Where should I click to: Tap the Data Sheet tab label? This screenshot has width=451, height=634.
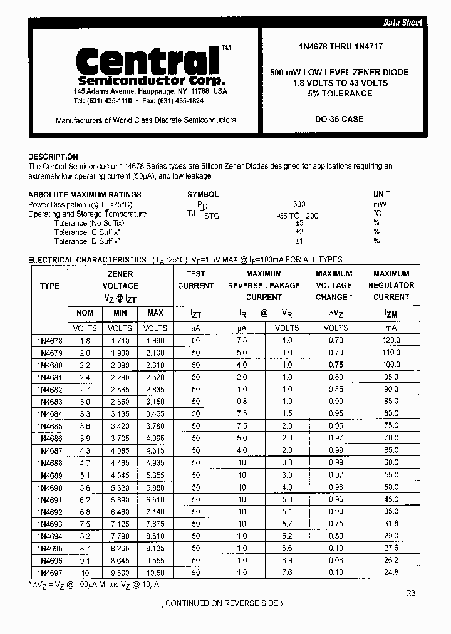[403, 23]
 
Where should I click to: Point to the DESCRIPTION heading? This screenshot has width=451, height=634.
[53, 157]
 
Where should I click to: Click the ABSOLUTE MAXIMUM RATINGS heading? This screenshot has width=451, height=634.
[85, 195]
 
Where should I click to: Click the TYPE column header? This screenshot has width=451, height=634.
[49, 286]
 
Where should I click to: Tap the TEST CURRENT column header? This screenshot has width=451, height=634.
[195, 279]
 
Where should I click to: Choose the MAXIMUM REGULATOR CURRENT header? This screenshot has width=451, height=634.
[391, 285]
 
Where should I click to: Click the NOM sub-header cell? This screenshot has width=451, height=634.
[85, 313]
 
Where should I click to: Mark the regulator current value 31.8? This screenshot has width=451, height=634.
[391, 524]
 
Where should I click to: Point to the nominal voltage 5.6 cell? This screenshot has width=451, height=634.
[85, 487]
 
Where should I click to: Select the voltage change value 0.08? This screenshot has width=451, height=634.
[336, 561]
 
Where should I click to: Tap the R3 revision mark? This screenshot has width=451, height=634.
[410, 593]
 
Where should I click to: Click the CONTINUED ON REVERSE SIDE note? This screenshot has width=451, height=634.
[222, 603]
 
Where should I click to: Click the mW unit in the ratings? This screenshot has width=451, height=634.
[380, 205]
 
